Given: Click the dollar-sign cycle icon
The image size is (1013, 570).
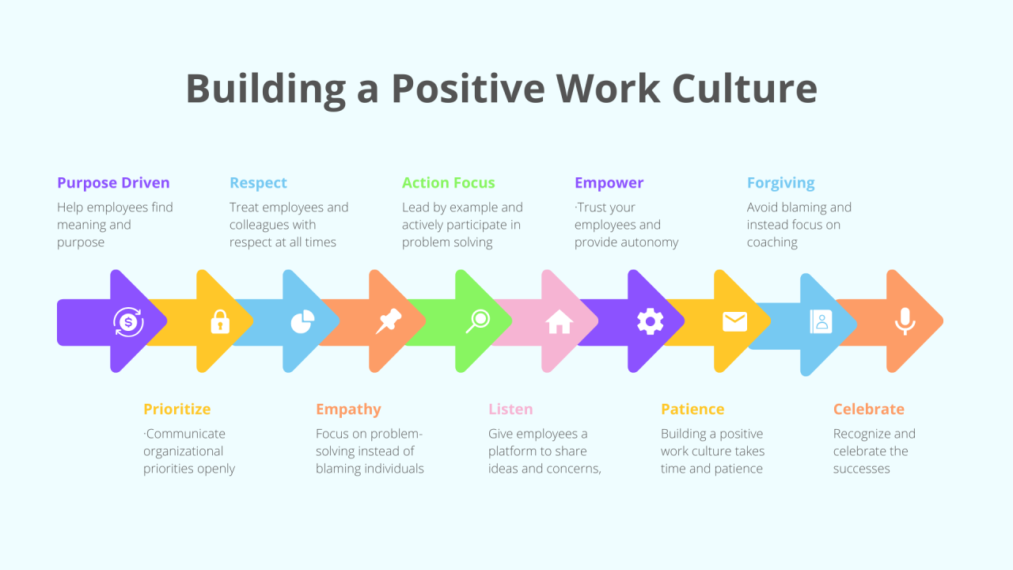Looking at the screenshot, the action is click(128, 322).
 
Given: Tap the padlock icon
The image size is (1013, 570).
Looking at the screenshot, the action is click(220, 321).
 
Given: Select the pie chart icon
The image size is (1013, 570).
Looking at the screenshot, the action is click(302, 321).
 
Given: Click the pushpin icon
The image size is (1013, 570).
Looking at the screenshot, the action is click(389, 321).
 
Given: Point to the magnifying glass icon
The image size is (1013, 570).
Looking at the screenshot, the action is click(478, 321).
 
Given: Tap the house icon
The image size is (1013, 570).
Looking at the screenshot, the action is click(560, 321).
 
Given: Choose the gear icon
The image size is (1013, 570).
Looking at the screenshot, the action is click(651, 321).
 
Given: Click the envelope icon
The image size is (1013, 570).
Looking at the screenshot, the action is click(735, 321).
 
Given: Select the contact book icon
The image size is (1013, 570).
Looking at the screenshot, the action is click(821, 321).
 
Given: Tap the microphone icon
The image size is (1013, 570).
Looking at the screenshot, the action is click(905, 321).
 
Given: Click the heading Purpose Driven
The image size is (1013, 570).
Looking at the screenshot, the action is click(113, 183).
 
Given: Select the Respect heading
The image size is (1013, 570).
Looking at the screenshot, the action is click(258, 183).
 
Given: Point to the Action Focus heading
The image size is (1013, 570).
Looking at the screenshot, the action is click(449, 183).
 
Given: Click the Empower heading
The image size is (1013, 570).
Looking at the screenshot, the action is click(609, 183).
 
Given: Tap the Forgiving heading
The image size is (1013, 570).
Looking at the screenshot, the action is click(781, 183).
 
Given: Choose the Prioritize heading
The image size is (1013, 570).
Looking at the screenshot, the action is click(177, 409).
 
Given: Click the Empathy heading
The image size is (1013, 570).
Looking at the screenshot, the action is click(349, 409).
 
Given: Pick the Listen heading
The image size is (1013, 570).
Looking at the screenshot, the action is click(510, 409).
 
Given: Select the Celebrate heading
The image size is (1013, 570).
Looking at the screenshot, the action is click(869, 409).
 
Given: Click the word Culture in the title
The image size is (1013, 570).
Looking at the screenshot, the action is click(745, 88).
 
